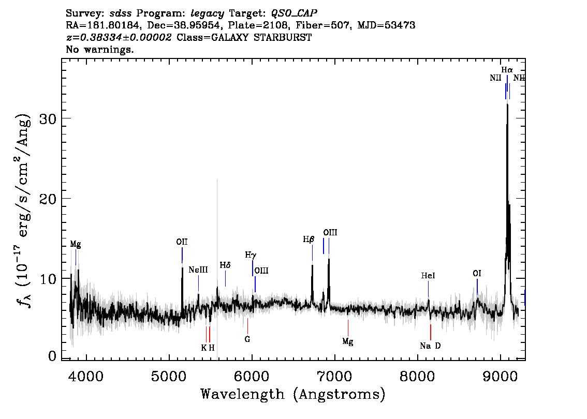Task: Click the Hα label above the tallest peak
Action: point(507,70)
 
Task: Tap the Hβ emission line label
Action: point(309,240)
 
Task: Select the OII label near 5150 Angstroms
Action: point(182,242)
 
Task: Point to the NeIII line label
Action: point(198,270)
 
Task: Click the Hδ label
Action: point(225,265)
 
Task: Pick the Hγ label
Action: point(251,255)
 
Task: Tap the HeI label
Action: point(428,276)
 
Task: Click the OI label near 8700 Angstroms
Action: point(477,274)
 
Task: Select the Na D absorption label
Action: point(430,346)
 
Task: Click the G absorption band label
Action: point(247,339)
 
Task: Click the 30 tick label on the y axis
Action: point(48,119)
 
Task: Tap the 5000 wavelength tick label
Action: point(169,376)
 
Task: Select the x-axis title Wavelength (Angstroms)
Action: point(293,394)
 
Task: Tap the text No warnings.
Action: point(99,49)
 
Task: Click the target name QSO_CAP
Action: point(294,13)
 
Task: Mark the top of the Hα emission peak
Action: point(507,104)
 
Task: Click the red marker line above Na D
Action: point(431,332)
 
